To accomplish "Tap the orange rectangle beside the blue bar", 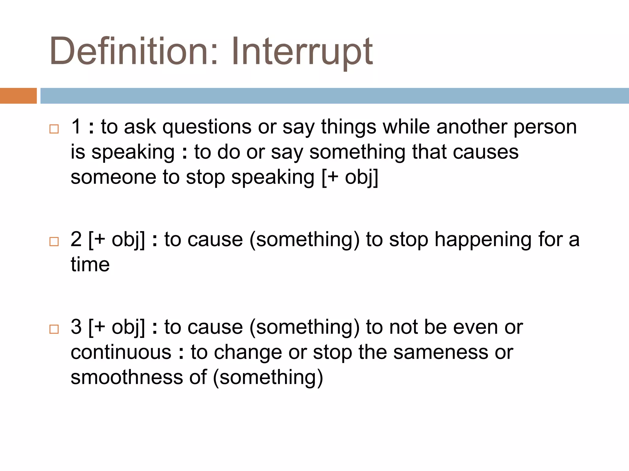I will click(x=18, y=96).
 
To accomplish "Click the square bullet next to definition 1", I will click(x=54, y=129).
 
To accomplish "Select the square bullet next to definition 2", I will click(x=54, y=242).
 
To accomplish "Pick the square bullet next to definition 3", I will click(x=54, y=329).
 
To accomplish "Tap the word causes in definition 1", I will click(x=486, y=152).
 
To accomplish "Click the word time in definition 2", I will click(x=90, y=265).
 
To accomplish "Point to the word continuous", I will click(x=121, y=352).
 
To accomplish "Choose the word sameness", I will click(x=441, y=352).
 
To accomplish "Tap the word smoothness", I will click(x=127, y=377).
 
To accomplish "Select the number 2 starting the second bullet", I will click(x=76, y=239).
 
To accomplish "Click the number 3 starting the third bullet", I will click(x=76, y=327).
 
